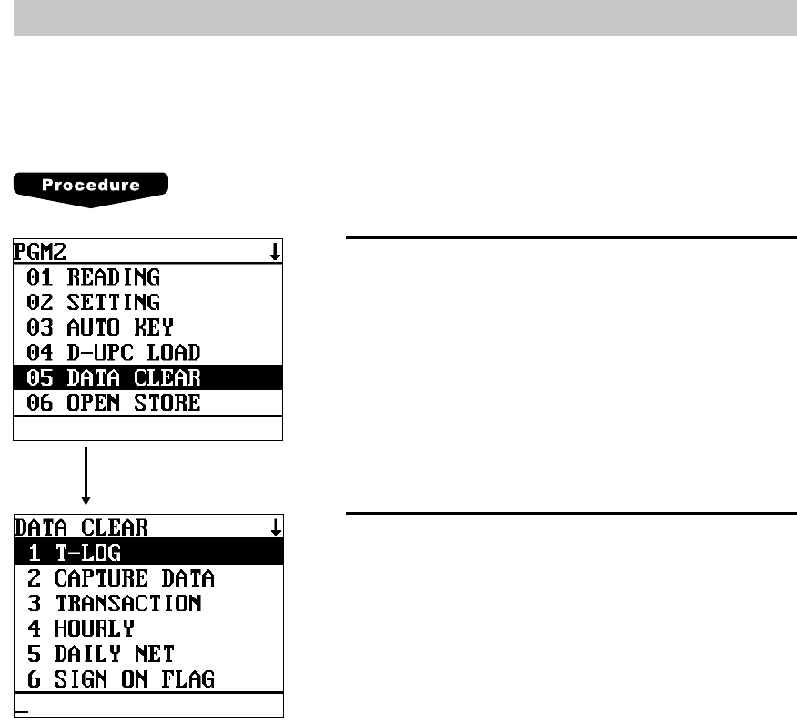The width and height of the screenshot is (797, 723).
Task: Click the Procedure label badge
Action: [x=91, y=186]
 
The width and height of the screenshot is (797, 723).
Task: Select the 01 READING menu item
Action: [x=100, y=276]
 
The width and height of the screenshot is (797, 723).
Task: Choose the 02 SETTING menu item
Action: [x=100, y=302]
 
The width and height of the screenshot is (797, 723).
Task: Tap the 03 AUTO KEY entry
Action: [x=106, y=326]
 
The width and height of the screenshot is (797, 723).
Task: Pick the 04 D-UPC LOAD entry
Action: [x=119, y=352]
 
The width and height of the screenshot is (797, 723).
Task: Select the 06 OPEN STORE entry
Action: [x=119, y=402]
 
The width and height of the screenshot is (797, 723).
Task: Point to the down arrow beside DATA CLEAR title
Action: [x=276, y=527]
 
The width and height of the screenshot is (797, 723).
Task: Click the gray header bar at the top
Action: [x=398, y=19]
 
